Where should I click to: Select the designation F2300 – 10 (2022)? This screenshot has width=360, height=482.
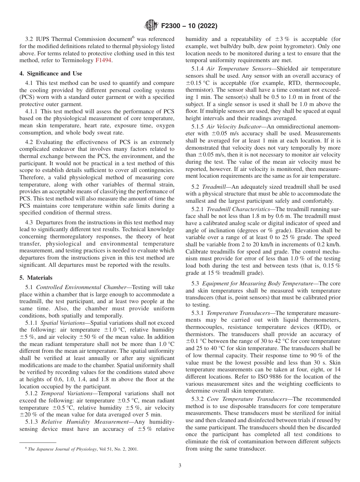(189, 26)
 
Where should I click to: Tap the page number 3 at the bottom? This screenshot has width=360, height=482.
(180, 465)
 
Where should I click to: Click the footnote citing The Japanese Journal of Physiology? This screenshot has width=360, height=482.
(81, 449)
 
